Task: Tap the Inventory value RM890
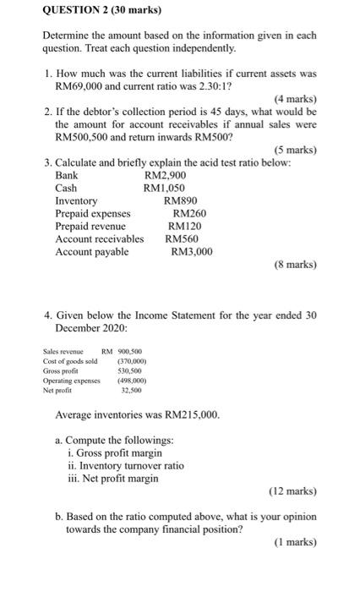(181, 201)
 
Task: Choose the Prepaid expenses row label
(93, 214)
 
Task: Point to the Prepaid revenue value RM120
(186, 227)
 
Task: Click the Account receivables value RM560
(183, 239)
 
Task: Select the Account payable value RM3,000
(192, 252)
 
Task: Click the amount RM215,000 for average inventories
(186, 416)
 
